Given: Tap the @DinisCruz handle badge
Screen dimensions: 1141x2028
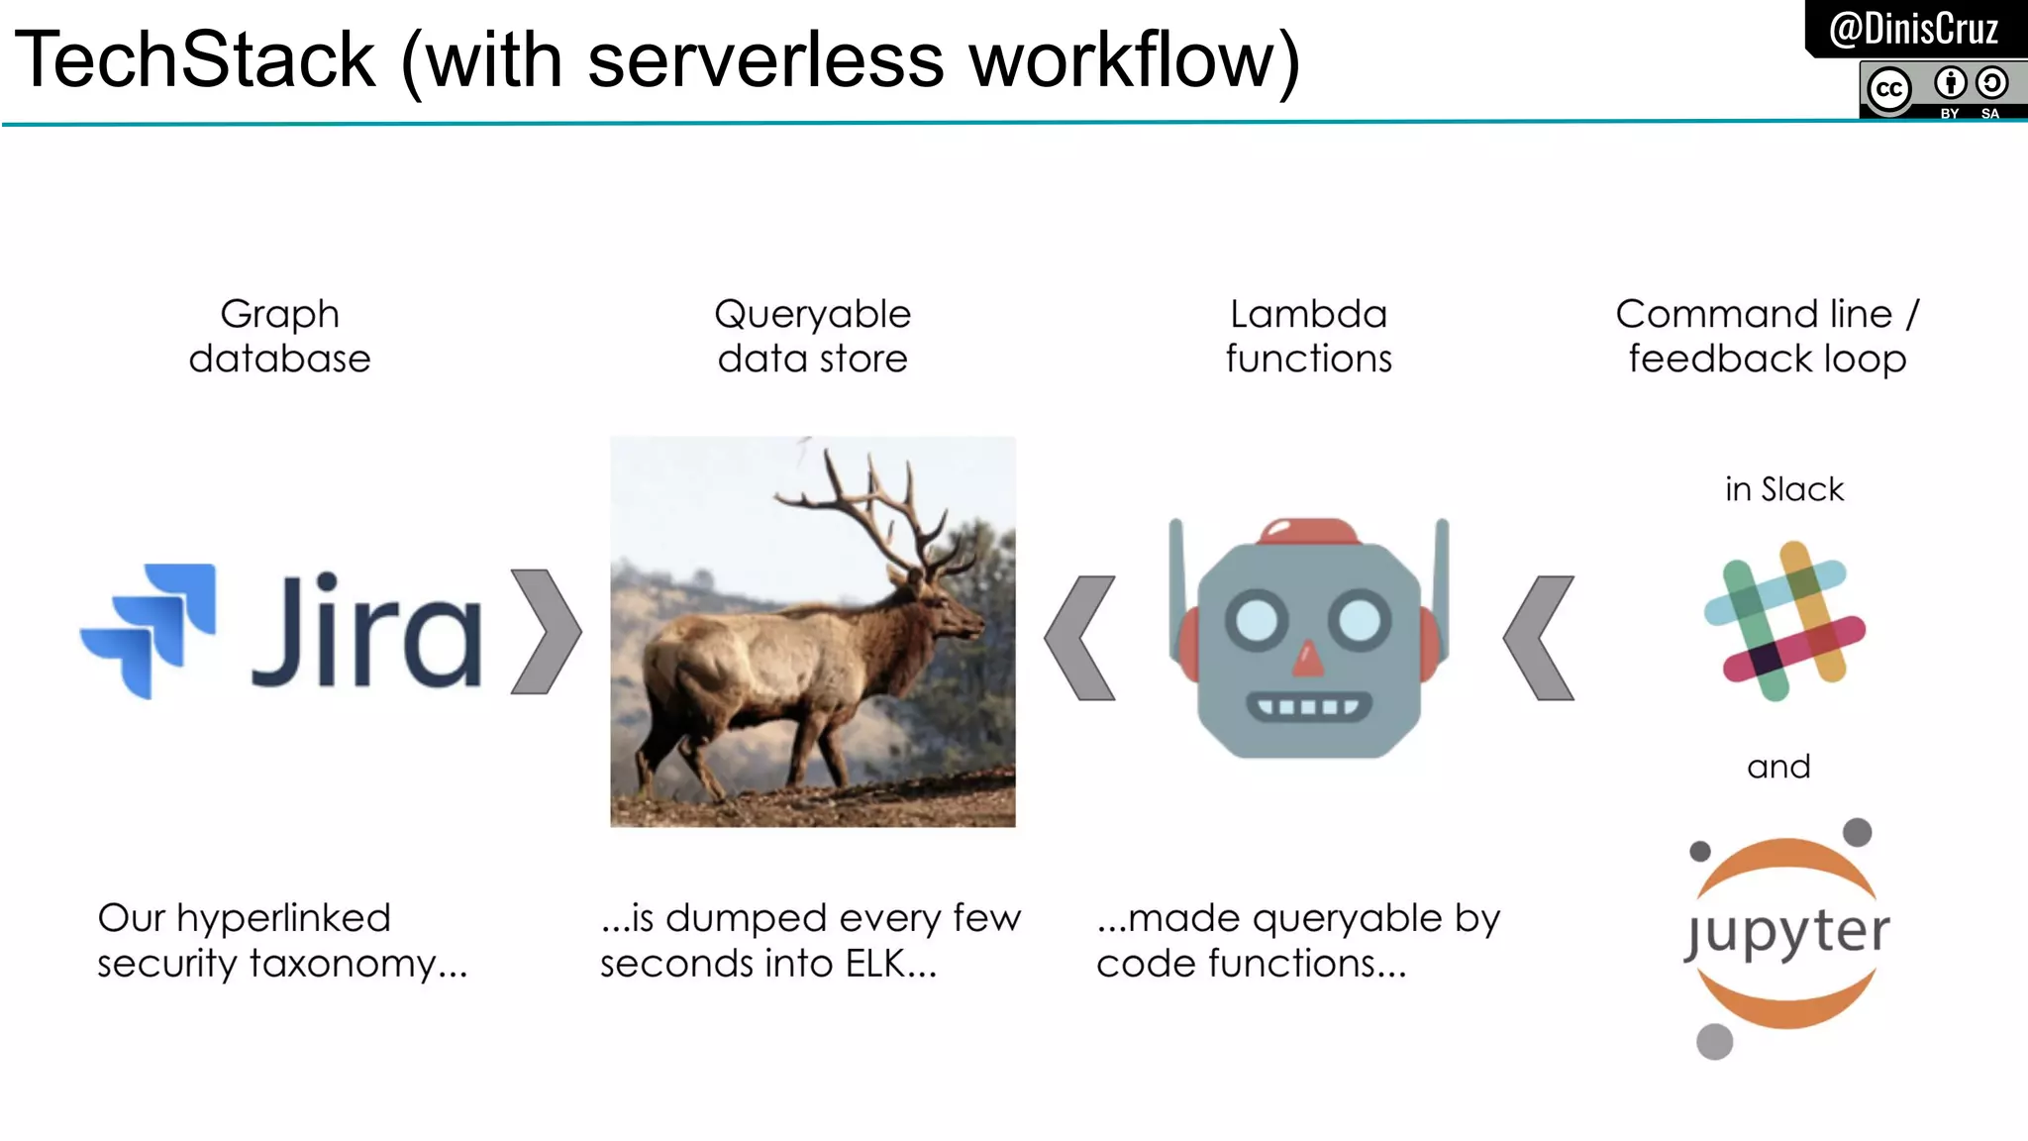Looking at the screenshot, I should point(1913,29).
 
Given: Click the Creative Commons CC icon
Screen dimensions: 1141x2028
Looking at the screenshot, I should point(1888,90).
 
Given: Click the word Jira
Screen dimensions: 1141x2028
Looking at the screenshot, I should point(366,631).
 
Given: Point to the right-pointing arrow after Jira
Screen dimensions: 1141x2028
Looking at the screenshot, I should point(547,631).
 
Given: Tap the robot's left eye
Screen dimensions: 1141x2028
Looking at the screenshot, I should point(1257,621).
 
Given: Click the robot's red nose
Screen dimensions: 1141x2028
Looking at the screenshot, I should point(1308,659).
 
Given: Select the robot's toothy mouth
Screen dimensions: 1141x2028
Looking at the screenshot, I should point(1308,706).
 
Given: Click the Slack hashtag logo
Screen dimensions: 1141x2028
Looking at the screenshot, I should point(1784,621).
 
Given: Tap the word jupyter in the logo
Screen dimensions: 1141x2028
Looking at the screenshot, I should point(1787,933).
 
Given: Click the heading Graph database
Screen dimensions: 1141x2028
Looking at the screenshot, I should point(280,336).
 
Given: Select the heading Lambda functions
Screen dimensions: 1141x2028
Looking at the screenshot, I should point(1308,336).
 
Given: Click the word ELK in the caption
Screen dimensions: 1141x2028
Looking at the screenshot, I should point(875,964).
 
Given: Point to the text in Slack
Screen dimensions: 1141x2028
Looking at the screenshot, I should point(1784,489).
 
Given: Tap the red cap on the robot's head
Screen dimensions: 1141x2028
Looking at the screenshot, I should point(1308,532).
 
